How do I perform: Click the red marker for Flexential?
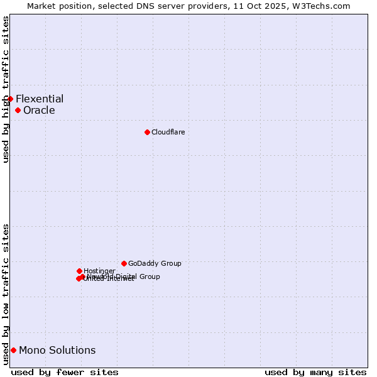point(10,99)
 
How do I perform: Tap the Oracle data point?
point(18,111)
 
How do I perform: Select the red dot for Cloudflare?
point(147,132)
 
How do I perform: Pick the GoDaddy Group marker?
point(124,263)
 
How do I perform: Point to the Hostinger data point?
point(79,271)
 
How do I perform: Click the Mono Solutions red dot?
point(13,350)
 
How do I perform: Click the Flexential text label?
point(40,99)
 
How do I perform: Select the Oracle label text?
point(39,111)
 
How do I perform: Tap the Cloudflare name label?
point(168,132)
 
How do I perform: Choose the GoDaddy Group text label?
point(155,263)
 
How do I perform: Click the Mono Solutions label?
point(57,350)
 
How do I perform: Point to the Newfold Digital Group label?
point(124,276)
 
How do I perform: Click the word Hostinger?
point(99,271)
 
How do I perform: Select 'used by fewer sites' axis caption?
point(65,372)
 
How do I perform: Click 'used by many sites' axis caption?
point(315,372)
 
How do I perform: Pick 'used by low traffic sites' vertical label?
point(6,293)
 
